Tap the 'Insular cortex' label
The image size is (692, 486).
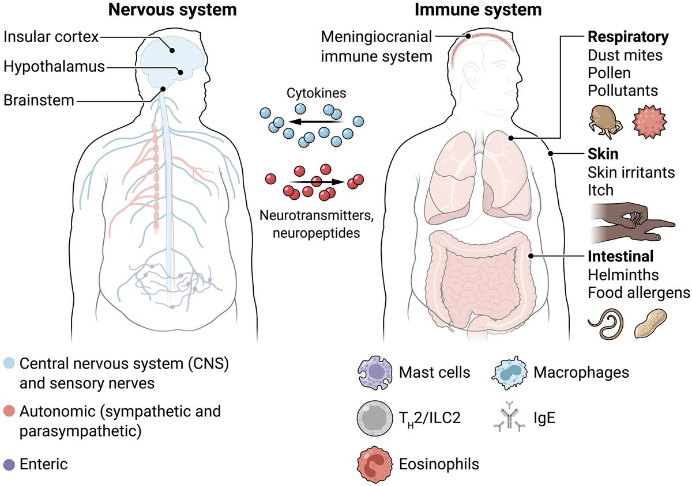tap(50, 37)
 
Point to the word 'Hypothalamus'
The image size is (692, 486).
tap(54, 67)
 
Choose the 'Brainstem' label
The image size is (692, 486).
tap(39, 100)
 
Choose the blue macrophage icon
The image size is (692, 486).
tap(510, 372)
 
